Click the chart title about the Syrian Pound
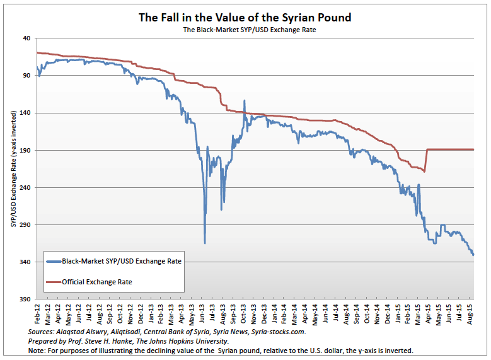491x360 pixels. (245, 17)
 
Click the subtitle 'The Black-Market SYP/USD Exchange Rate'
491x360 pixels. (245, 30)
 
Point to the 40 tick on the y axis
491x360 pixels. (26, 38)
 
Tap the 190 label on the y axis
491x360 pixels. (25, 151)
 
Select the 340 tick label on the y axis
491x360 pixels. (25, 262)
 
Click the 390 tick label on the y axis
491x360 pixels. (25, 299)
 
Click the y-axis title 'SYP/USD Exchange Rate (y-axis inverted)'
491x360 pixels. (13, 168)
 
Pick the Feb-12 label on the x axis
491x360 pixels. (38, 314)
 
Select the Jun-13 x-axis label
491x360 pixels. (203, 314)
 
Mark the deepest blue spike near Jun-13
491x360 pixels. (205, 243)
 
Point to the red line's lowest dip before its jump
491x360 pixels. (425, 171)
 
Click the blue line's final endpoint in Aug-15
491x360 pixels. (473, 255)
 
